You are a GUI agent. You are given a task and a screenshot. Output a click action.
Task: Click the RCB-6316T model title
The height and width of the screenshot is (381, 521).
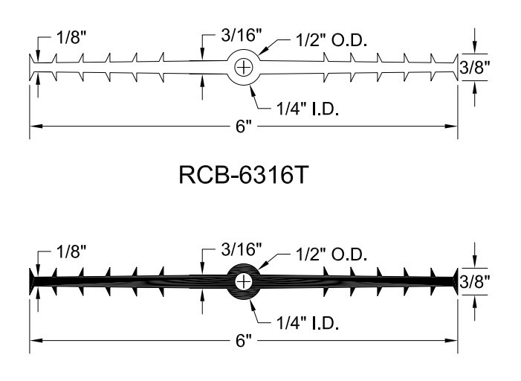[244, 175]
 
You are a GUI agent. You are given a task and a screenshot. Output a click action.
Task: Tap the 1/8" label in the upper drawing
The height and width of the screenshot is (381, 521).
[71, 37]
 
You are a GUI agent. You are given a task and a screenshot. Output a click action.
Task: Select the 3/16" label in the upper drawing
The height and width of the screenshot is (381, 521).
[242, 35]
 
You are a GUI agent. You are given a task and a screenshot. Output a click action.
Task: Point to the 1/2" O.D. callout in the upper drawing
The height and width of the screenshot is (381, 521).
[331, 40]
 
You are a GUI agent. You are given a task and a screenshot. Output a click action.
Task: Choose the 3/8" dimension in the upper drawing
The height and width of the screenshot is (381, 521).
[475, 68]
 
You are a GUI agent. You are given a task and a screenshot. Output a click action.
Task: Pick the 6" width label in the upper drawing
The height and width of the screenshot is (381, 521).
[244, 126]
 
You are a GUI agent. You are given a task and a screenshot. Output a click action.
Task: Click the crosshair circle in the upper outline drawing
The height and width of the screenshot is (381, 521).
[244, 68]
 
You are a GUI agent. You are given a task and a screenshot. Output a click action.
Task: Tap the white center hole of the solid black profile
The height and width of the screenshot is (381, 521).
[244, 282]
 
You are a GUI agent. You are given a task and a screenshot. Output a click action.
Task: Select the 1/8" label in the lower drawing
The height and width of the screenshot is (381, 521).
[71, 252]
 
